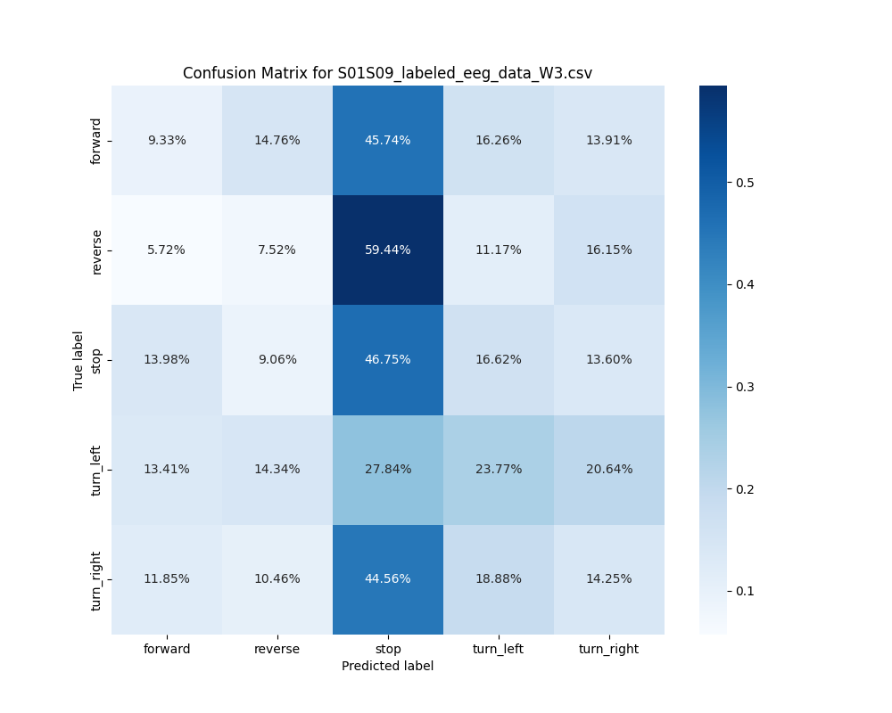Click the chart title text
click(x=387, y=73)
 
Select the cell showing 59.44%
click(x=388, y=250)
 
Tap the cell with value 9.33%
click(x=167, y=141)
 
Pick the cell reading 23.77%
click(x=499, y=470)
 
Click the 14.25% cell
click(x=609, y=579)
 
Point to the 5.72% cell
click(x=167, y=250)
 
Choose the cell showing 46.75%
click(x=388, y=360)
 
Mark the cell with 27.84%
click(x=388, y=470)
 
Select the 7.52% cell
click(x=277, y=250)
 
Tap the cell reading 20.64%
click(x=609, y=470)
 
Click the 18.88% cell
click(x=499, y=579)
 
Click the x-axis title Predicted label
click(x=387, y=667)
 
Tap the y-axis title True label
click(x=78, y=360)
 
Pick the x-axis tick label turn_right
click(x=608, y=649)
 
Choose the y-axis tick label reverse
click(x=97, y=250)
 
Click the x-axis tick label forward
click(x=167, y=649)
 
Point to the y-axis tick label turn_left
click(x=97, y=470)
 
